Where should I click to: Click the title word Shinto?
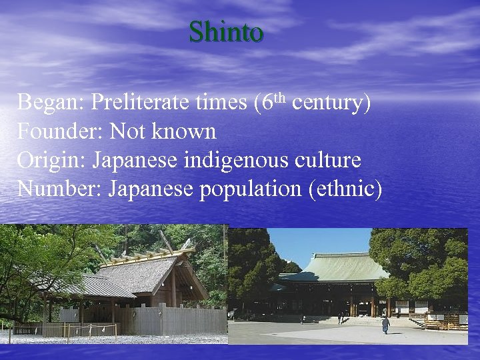[226, 31]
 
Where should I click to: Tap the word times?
[221, 103]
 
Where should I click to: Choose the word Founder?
[57, 132]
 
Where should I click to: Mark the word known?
[185, 132]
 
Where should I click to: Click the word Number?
[58, 190]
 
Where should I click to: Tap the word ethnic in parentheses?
[345, 190]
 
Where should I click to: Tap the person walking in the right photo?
[385, 324]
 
